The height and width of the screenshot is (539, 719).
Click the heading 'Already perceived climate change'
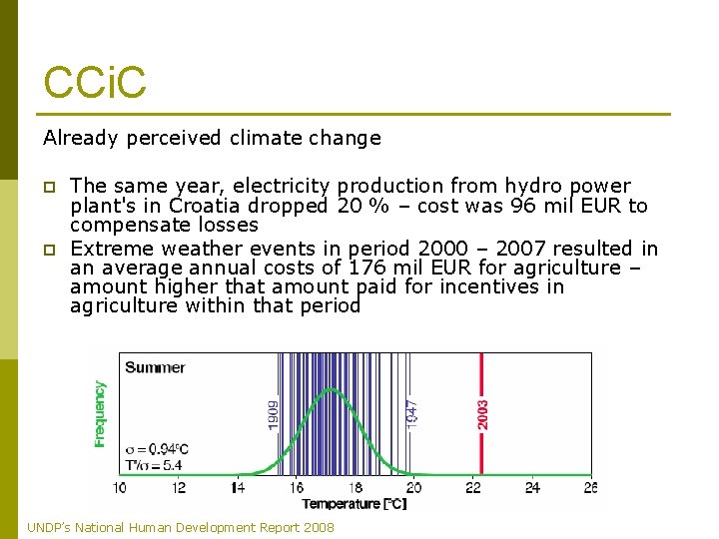[x=212, y=138]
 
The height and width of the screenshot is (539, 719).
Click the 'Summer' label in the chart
[x=155, y=367]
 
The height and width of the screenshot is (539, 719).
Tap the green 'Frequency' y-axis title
[x=100, y=413]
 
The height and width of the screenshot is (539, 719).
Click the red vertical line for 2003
[x=482, y=439]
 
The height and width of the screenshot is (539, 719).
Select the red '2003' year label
[x=484, y=414]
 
